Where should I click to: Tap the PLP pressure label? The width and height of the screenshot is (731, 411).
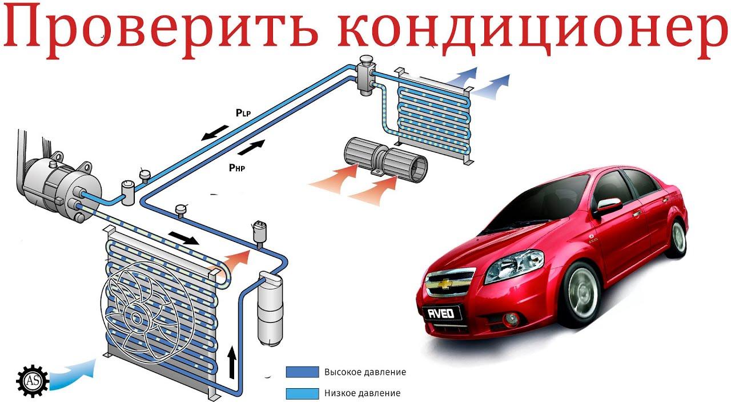(x=243, y=113)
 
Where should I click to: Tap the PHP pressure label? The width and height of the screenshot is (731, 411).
(x=237, y=168)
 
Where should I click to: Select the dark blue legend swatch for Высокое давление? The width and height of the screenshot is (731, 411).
(x=302, y=372)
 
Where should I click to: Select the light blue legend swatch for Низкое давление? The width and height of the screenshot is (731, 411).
(x=302, y=393)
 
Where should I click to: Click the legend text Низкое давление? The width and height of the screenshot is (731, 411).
(x=362, y=393)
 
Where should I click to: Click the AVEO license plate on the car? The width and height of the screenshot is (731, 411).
(x=441, y=314)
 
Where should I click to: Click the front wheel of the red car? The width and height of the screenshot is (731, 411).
(x=583, y=294)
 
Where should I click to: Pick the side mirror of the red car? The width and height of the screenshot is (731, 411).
(x=609, y=206)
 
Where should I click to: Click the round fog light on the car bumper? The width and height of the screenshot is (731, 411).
(x=511, y=319)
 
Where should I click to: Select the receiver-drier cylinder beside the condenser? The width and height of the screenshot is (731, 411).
(x=270, y=309)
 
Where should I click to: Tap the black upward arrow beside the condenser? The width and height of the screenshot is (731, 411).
(x=232, y=362)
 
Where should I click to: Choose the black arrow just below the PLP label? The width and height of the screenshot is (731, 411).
(x=215, y=133)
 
